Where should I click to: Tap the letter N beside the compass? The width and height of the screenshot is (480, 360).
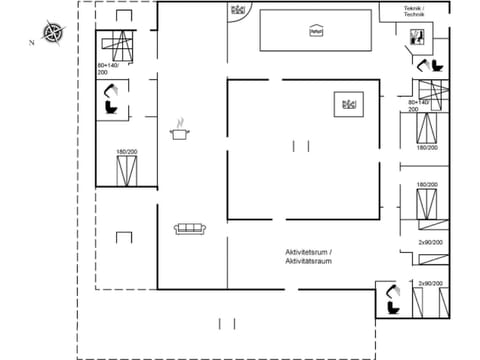coord(32,42)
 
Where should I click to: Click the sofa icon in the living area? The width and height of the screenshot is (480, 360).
coord(189,229)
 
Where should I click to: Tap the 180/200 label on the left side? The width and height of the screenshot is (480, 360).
coord(126,152)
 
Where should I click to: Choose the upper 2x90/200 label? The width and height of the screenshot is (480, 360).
coord(431,241)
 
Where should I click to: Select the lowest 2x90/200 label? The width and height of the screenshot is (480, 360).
coord(431,284)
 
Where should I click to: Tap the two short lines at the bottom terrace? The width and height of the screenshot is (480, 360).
coord(227,323)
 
